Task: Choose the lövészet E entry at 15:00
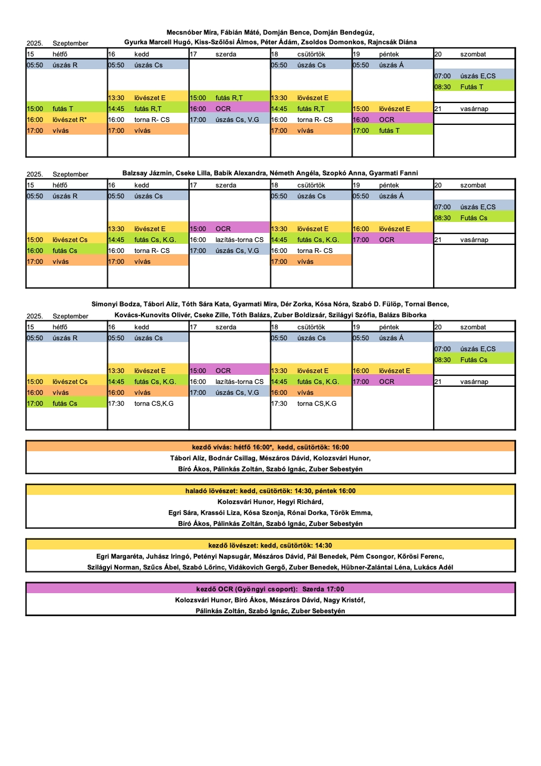[x=394, y=109]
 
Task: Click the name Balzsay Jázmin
[x=146, y=173]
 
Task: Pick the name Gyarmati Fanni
[x=394, y=173]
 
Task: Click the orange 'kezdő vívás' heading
[x=270, y=447]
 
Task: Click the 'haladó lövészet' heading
[x=270, y=491]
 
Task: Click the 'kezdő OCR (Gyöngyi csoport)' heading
[x=270, y=589]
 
